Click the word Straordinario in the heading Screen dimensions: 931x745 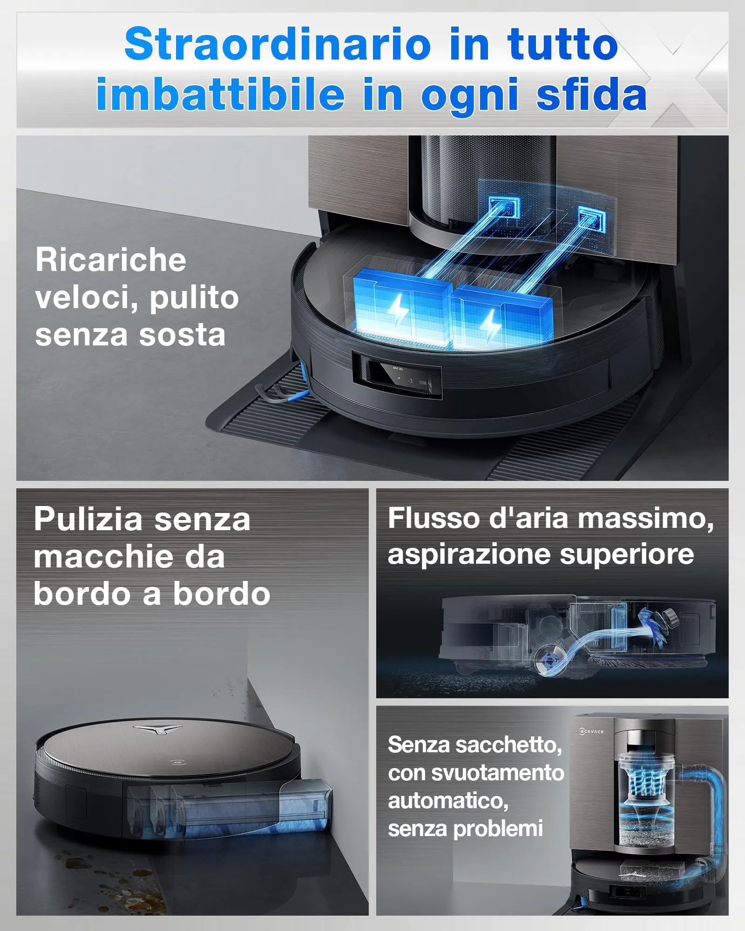coord(278,44)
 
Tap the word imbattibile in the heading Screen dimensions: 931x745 coord(220,94)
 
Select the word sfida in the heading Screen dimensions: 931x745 coord(591,94)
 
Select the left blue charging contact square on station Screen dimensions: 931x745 coord(504,207)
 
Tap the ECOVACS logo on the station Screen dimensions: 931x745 coord(591,731)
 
